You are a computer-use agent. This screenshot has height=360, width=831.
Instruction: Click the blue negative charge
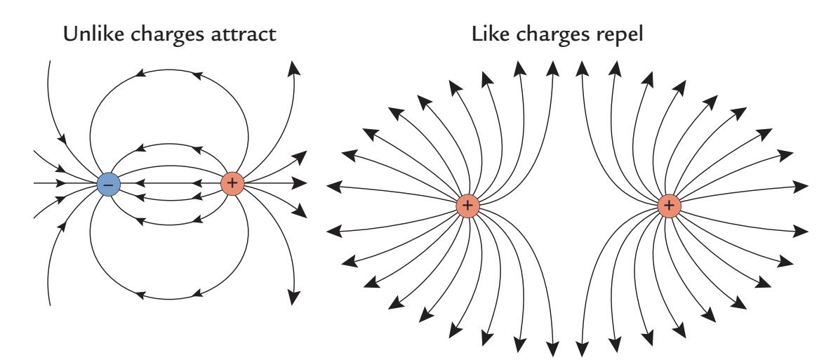(109, 184)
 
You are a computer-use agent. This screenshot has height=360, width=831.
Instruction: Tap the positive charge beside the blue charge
(232, 184)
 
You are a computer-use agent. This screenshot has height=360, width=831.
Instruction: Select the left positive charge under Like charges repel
(468, 206)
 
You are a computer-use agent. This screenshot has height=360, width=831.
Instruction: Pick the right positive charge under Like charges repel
(670, 206)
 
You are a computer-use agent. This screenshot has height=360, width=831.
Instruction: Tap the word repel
(628, 34)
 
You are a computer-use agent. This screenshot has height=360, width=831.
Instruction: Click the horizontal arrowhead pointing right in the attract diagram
(300, 184)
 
